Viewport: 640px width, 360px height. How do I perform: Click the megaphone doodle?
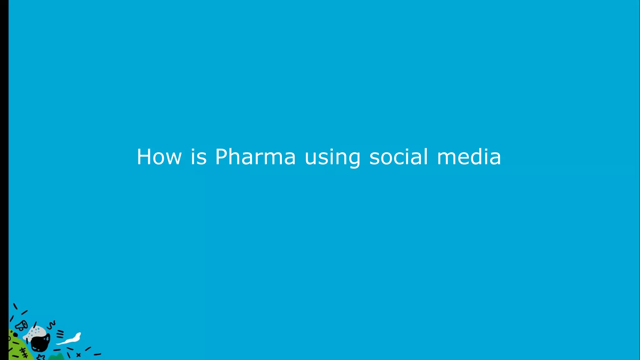point(22,326)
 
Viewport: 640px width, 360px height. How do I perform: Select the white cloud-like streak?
point(70,339)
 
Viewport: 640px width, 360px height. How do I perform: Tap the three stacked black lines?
point(60,334)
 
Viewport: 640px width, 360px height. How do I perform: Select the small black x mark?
point(78,355)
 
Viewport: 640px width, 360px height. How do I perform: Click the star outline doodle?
point(41,357)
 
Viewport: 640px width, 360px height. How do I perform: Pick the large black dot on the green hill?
point(15,335)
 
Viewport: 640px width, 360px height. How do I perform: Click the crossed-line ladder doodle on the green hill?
point(24,352)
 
